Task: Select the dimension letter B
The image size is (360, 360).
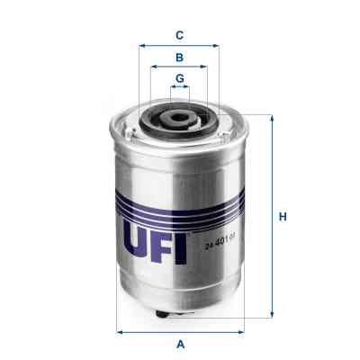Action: [180, 57]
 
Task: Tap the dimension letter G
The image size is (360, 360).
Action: [180, 78]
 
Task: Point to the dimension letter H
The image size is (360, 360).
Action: [282, 217]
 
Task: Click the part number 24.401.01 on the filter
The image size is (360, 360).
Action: [220, 238]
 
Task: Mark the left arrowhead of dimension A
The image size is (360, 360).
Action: [121, 331]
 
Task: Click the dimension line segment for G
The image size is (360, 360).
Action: [180, 88]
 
